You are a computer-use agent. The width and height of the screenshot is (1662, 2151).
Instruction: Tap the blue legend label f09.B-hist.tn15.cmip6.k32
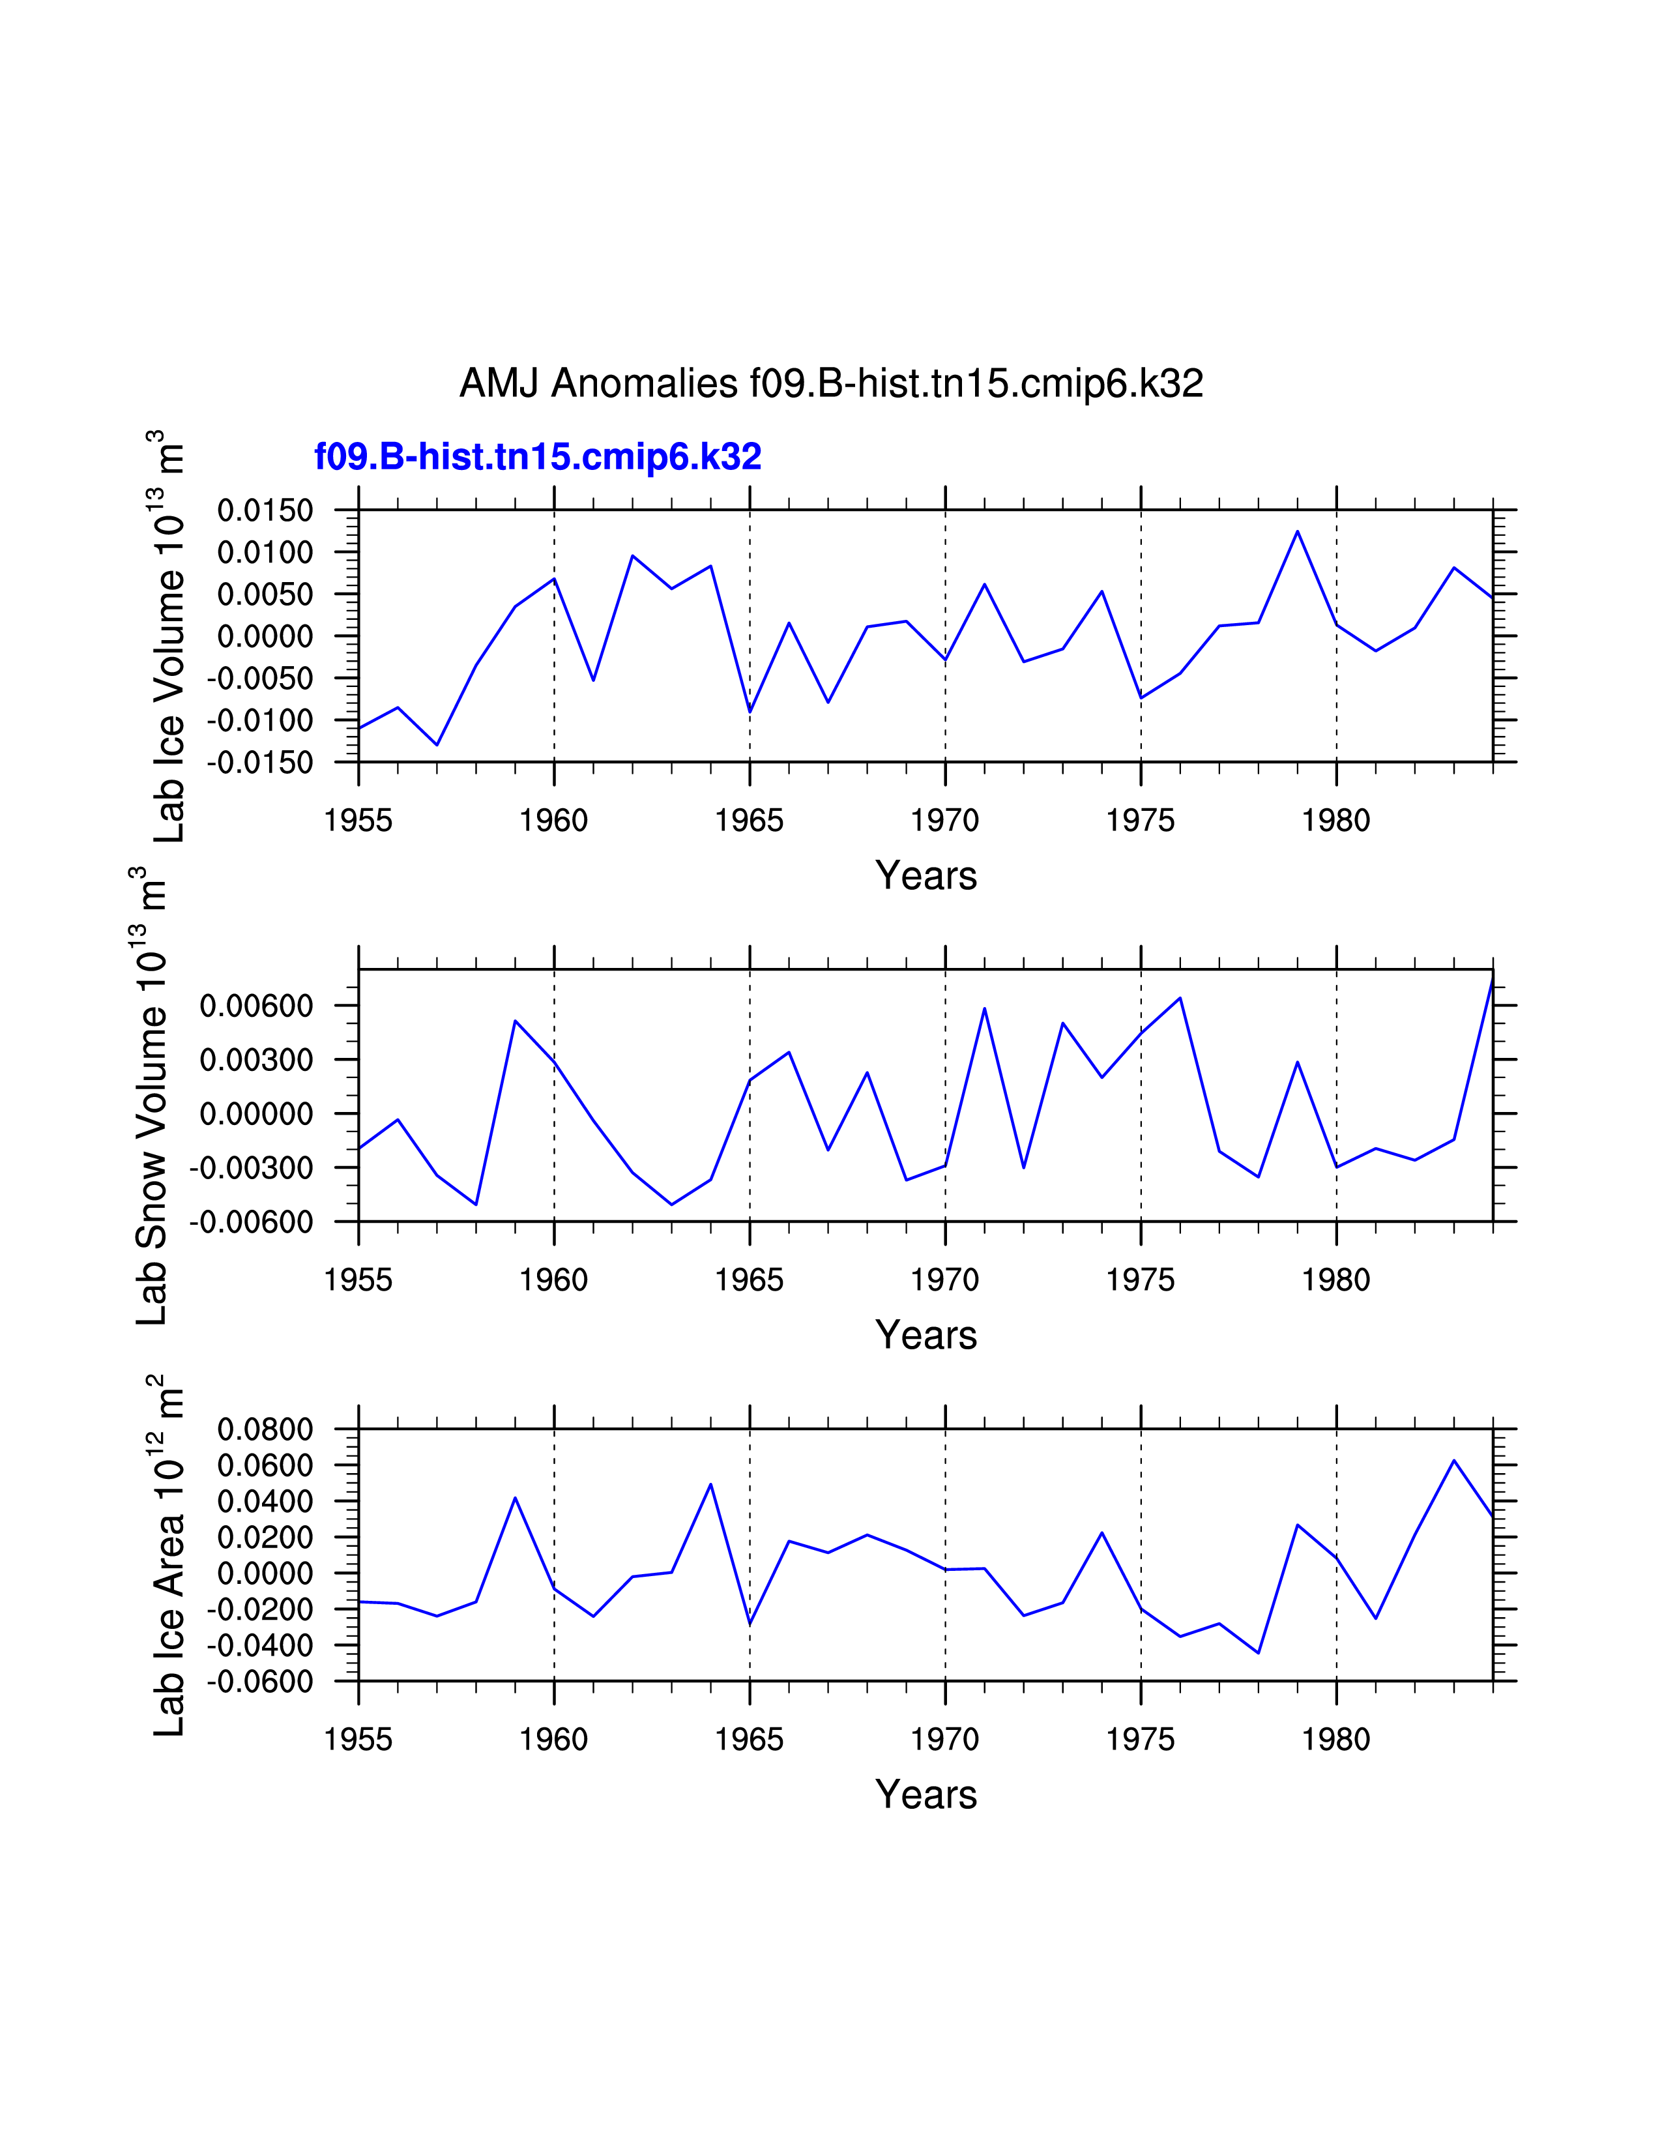(538, 457)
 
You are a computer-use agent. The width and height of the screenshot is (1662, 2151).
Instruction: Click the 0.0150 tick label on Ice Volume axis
(265, 510)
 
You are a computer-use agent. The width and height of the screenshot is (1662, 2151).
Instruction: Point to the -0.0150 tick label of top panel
(260, 763)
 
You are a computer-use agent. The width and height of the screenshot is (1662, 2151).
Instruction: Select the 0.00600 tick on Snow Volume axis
(256, 1006)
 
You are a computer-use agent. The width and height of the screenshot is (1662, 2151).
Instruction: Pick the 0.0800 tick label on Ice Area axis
(265, 1429)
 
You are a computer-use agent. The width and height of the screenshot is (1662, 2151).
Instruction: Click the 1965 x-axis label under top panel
(750, 821)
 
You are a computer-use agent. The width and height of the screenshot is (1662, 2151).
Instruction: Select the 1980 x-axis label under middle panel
(1336, 1280)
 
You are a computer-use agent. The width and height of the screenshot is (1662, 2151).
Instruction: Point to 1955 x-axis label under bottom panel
(358, 1740)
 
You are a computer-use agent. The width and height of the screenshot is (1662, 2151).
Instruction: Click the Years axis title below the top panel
(926, 875)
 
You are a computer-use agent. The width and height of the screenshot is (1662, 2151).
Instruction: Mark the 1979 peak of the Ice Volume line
(1298, 532)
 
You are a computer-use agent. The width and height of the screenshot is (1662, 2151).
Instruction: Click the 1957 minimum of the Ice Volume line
(437, 744)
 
